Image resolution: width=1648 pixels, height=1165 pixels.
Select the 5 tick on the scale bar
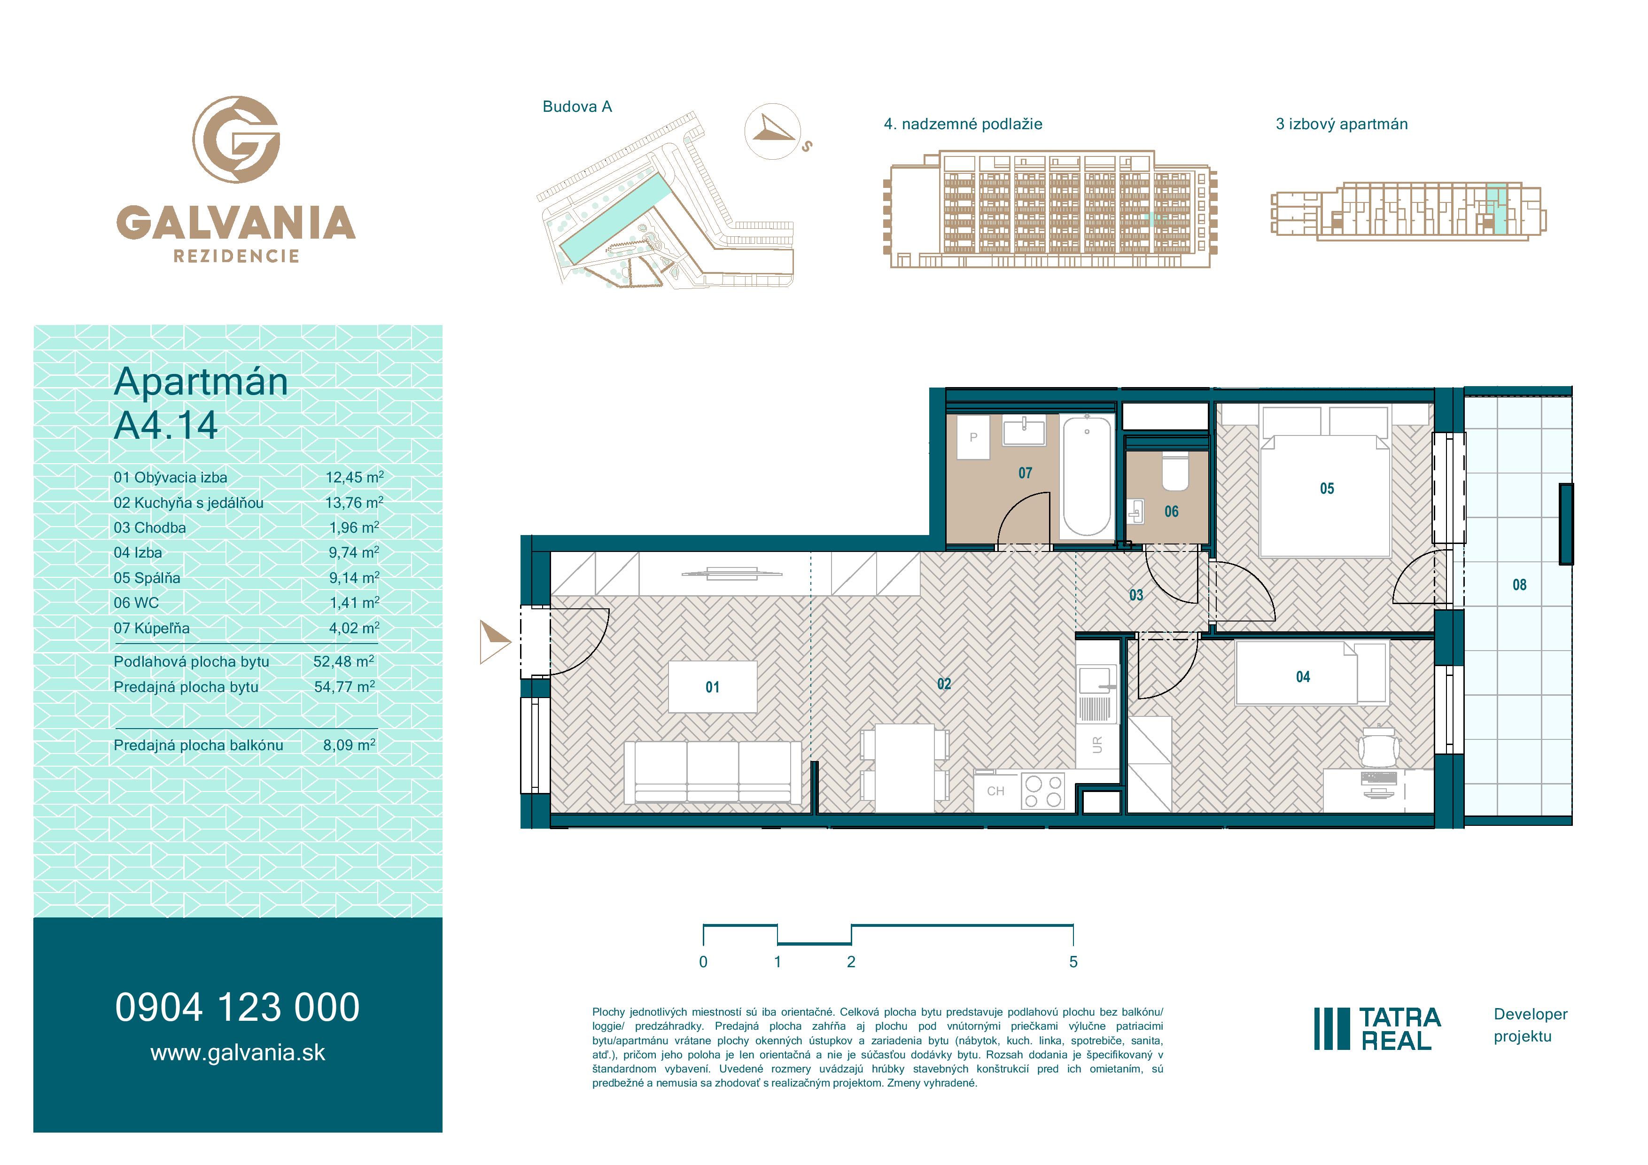click(1073, 935)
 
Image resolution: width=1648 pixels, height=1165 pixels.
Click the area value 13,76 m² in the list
click(354, 503)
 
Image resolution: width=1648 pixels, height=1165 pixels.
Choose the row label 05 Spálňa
click(147, 578)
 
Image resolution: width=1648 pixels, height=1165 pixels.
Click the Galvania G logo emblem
click(236, 139)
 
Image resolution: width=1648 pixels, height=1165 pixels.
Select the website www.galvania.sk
click(238, 1053)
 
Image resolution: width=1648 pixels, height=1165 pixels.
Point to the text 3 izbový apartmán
click(1342, 124)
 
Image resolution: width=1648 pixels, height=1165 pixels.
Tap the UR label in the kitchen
click(1097, 745)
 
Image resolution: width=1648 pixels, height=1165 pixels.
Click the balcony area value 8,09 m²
click(349, 745)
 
